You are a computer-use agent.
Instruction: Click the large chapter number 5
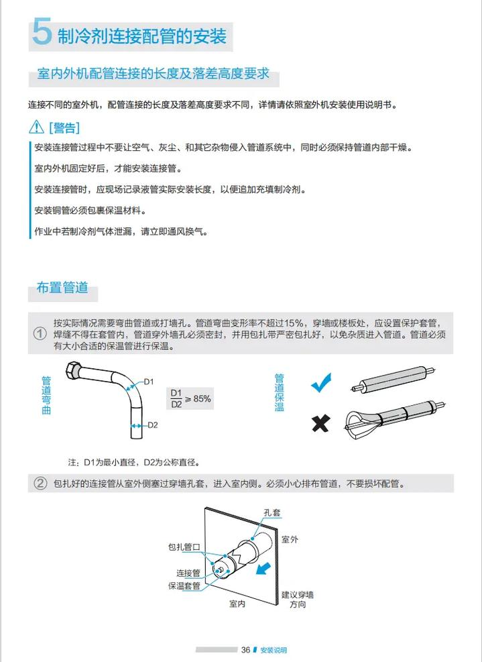[x=42, y=33]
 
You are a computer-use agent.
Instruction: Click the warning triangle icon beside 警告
[x=36, y=127]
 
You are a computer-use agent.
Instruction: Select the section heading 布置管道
[x=62, y=288]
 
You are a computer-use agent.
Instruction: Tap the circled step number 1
[x=40, y=334]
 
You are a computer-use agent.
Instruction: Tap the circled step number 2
[x=40, y=484]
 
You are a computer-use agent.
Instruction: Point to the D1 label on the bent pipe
[x=149, y=382]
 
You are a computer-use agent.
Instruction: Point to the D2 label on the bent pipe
[x=152, y=425]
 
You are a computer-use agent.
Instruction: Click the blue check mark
[x=322, y=384]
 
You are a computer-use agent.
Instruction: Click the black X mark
[x=321, y=423]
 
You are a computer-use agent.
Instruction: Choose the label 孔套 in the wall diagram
[x=272, y=512]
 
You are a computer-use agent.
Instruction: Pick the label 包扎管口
[x=184, y=547]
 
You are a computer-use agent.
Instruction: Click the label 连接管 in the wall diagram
[x=188, y=573]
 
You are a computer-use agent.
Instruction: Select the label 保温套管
[x=184, y=586]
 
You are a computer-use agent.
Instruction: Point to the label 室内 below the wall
[x=237, y=604]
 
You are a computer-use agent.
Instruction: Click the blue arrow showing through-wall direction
[x=265, y=567]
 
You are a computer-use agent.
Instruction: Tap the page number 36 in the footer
[x=245, y=650]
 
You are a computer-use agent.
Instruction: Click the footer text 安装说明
[x=274, y=650]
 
